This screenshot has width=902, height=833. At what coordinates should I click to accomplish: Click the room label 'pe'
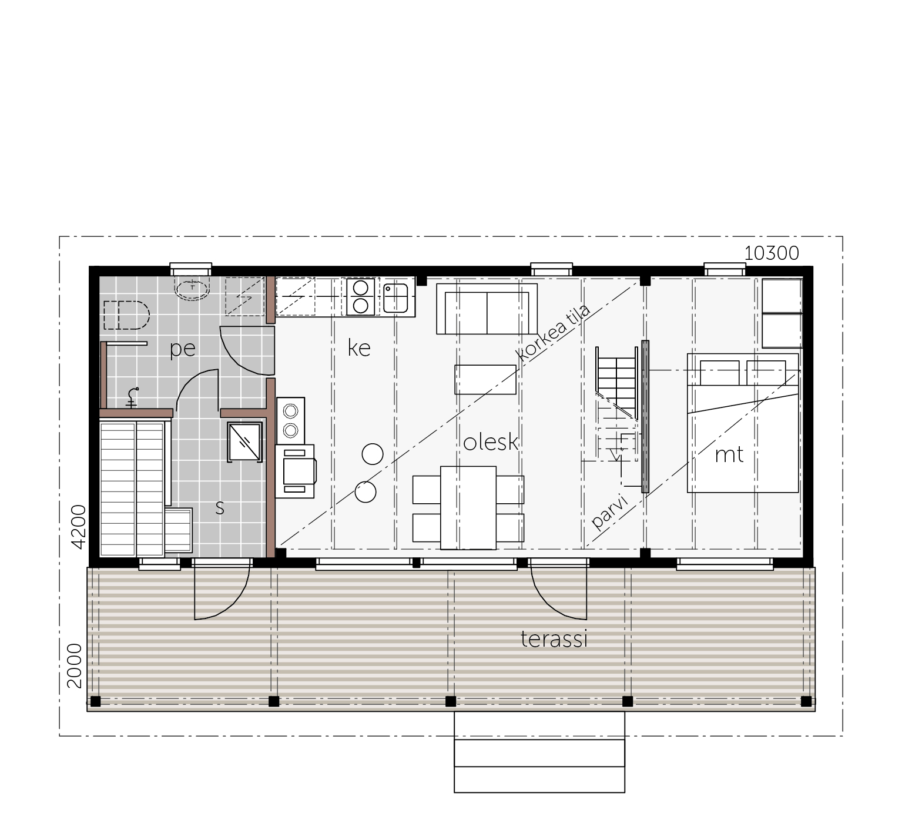pos(182,349)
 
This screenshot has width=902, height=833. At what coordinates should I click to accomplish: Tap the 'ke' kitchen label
pos(359,347)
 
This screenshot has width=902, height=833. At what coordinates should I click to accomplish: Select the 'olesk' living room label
pos(491,441)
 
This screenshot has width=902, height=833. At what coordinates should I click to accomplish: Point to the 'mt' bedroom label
pos(729,454)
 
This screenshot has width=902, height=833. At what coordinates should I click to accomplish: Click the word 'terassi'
pos(554,638)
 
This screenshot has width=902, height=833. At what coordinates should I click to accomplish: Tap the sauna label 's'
pos(220,508)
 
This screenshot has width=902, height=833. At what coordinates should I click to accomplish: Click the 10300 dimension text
pos(772,253)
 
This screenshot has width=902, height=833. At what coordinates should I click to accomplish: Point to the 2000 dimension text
pos(74,665)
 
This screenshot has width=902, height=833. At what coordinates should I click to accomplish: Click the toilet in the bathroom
pos(125,315)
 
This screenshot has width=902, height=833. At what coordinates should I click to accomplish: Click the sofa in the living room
pos(487,309)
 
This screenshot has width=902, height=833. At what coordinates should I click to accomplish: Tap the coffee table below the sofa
pos(485,379)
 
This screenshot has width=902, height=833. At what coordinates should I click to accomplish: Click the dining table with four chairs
pos(468,508)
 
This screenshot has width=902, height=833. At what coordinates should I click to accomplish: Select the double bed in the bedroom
pos(743,423)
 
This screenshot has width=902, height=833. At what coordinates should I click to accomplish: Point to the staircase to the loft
pos(616,406)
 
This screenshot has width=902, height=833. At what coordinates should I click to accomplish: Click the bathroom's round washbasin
pos(192,290)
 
